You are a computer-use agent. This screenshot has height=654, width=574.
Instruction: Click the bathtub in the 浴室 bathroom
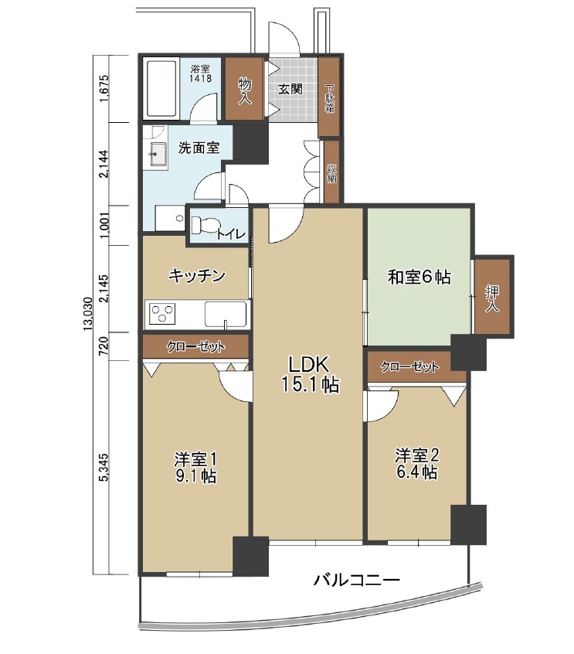[161, 89]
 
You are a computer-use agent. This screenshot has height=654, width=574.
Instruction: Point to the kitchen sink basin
[225, 314]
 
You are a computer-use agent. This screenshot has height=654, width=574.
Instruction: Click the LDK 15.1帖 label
[310, 374]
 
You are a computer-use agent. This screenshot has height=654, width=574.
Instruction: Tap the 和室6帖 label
[419, 277]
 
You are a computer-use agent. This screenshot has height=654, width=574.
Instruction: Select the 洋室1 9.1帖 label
[195, 467]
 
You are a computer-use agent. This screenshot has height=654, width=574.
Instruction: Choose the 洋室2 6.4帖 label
[417, 463]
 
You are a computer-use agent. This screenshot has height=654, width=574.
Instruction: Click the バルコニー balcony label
[357, 579]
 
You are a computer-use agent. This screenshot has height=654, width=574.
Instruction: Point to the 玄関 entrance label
[290, 89]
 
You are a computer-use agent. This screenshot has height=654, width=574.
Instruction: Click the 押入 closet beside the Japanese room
[493, 297]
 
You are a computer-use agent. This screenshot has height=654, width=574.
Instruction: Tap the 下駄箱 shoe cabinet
[329, 97]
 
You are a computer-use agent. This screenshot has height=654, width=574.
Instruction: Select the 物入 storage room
[245, 89]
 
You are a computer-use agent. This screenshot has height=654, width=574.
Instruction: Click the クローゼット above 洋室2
[409, 366]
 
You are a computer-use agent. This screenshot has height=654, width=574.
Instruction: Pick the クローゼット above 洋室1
[195, 346]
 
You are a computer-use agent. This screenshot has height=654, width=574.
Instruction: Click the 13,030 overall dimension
[87, 314]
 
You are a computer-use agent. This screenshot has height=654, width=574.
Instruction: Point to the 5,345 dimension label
[104, 467]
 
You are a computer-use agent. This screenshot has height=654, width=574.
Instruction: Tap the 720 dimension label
[104, 346]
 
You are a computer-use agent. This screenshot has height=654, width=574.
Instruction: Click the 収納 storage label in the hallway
[332, 173]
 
